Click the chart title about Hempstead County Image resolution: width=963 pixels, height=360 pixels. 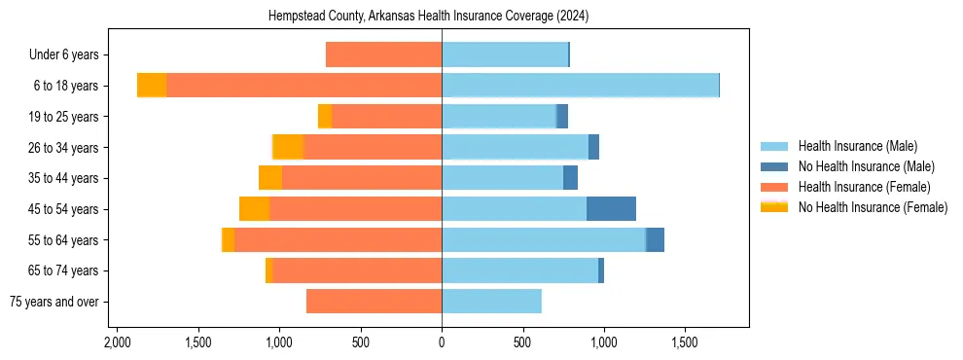pyautogui.click(x=442, y=17)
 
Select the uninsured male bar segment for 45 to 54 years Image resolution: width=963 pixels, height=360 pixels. pyautogui.click(x=611, y=209)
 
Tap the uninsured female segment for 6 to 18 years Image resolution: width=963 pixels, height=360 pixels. pyautogui.click(x=152, y=86)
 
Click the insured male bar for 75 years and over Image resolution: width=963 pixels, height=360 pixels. pyautogui.click(x=491, y=302)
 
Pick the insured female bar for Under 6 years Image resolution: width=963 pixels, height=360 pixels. pyautogui.click(x=383, y=54)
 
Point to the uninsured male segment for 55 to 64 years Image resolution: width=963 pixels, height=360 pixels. pyautogui.click(x=655, y=239)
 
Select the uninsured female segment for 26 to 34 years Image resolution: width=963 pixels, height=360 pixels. pyautogui.click(x=289, y=147)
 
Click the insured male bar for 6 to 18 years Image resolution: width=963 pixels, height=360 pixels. pyautogui.click(x=580, y=86)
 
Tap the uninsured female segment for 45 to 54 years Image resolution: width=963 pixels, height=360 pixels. pyautogui.click(x=254, y=209)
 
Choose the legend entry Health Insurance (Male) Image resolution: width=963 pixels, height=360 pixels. pyautogui.click(x=857, y=146)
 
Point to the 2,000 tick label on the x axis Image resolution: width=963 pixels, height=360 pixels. pyautogui.click(x=117, y=342)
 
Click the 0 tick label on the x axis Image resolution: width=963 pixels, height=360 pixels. pyautogui.click(x=442, y=342)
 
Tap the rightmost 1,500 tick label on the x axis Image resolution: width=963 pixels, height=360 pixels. pyautogui.click(x=685, y=342)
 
